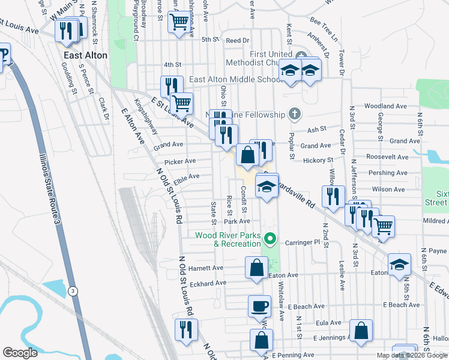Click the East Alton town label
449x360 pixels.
click(86, 55)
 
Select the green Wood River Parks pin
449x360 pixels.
click(270, 239)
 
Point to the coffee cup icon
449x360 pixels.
click(259, 306)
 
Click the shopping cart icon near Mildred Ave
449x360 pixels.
click(382, 226)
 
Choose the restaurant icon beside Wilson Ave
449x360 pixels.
click(333, 196)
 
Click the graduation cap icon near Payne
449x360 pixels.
click(399, 264)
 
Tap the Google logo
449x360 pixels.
click(20, 353)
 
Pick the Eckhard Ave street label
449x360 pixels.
click(207, 283)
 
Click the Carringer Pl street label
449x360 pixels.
click(304, 242)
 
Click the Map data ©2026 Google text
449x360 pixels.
click(411, 355)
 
